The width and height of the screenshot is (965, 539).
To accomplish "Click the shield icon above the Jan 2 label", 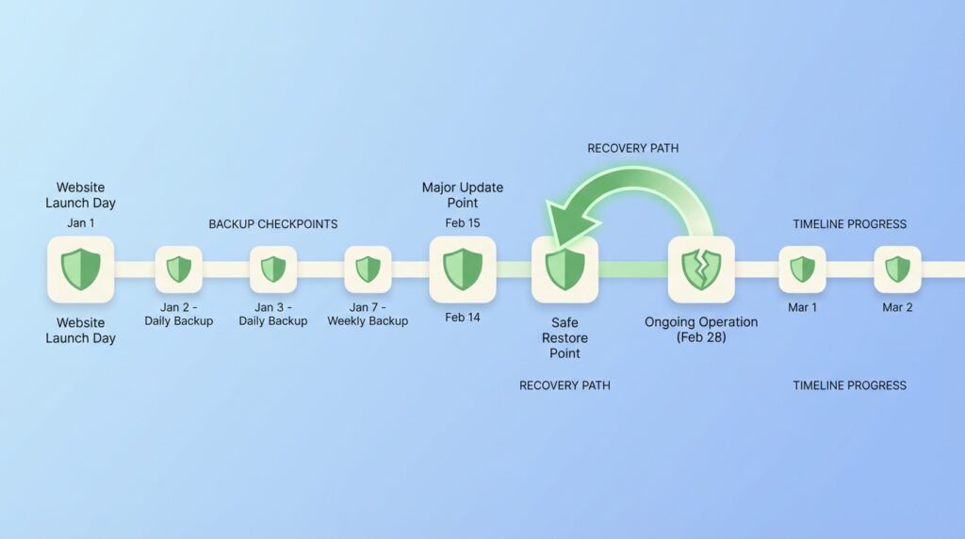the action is point(178,269).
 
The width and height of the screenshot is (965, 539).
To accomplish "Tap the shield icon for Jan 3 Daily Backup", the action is point(273,269).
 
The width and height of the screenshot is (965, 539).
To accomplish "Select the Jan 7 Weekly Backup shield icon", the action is point(368,269).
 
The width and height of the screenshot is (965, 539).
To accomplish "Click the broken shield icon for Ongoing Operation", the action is point(701,269).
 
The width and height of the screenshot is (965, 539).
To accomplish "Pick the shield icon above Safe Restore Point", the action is point(565,269).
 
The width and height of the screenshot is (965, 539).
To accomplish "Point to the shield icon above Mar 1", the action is point(803,269).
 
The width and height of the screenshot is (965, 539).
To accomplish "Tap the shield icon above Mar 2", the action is point(897,269).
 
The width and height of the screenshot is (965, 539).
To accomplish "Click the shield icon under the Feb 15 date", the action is point(463,269).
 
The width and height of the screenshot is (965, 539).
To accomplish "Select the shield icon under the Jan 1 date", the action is point(81,269).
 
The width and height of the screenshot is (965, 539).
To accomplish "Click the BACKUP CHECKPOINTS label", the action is point(273,224).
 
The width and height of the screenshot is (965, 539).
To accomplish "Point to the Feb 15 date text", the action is point(463,222).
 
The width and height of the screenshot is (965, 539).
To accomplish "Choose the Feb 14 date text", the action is point(463,317).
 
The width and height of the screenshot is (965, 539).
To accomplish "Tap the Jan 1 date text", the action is point(81,222).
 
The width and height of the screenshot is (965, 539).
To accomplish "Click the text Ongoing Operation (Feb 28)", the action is point(701,329).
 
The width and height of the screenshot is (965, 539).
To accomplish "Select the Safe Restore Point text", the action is point(565,337).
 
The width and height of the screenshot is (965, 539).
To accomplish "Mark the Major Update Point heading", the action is point(463,195).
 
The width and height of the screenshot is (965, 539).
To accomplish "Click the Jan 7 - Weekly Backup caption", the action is point(368,314).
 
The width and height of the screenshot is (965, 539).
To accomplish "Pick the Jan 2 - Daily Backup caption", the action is point(178,314).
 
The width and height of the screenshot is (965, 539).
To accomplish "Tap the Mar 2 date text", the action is point(897,307).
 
